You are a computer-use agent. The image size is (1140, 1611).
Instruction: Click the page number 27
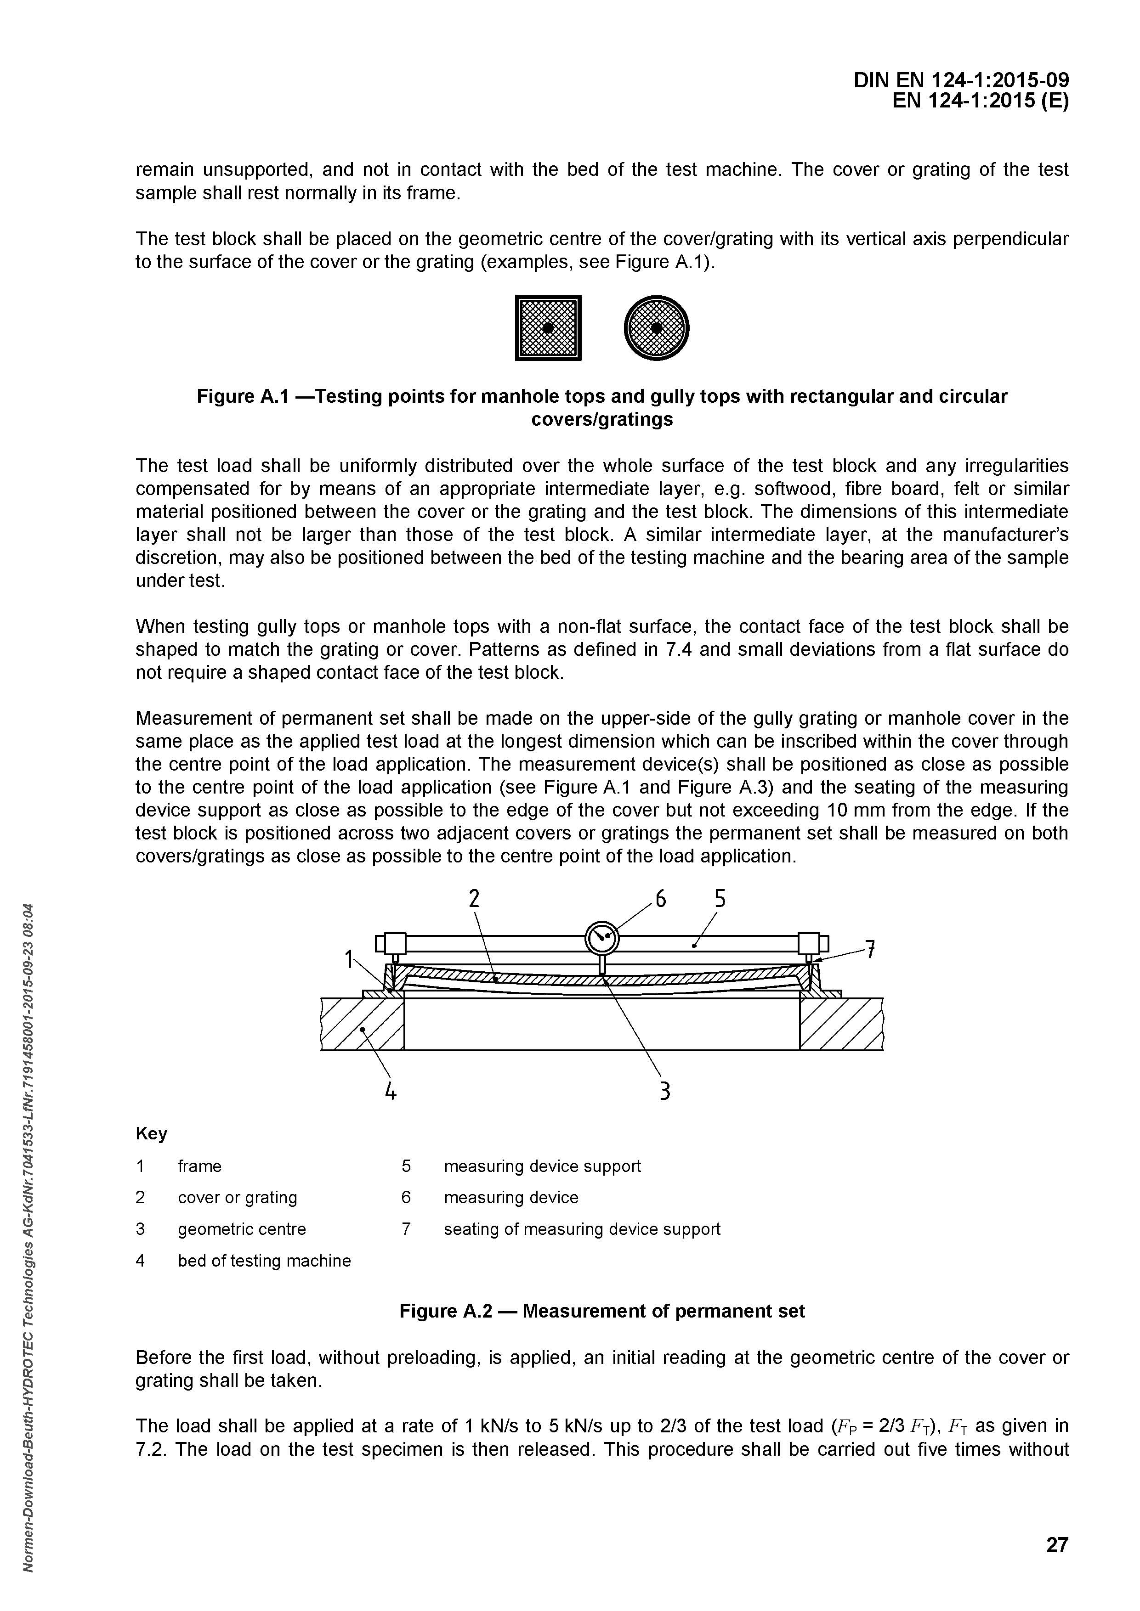pos(1056,1544)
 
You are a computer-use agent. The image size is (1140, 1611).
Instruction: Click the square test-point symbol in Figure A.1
pos(548,328)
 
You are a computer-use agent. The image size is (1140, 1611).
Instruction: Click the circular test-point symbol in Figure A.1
pos(656,328)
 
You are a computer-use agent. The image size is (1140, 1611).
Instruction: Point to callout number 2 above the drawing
pos(475,899)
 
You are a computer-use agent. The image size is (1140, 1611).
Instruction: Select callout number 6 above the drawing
pos(660,899)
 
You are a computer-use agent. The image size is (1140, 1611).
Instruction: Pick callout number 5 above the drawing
pos(720,899)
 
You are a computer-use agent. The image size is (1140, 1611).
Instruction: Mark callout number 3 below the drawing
pos(664,1091)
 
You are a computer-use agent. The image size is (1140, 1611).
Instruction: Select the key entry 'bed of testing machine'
pos(264,1261)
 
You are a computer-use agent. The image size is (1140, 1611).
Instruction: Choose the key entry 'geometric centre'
pos(242,1229)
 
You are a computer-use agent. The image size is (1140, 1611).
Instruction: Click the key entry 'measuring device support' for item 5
pos(542,1166)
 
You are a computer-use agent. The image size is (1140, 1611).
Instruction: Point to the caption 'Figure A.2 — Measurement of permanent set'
pos(601,1312)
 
